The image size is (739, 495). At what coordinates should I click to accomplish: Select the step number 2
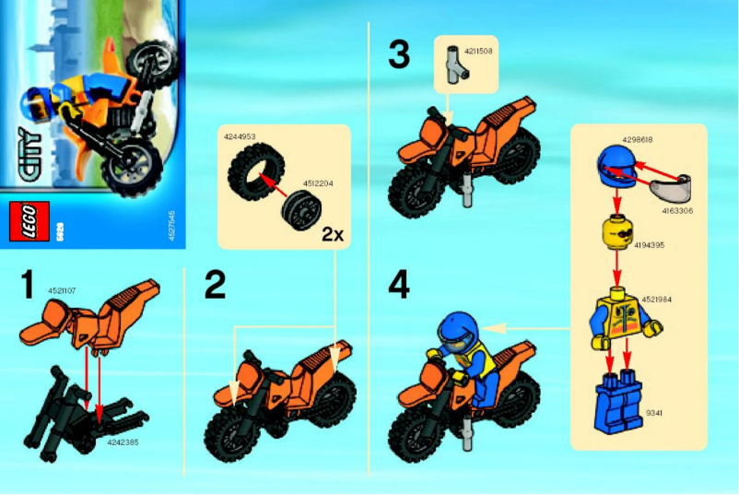pyautogui.click(x=214, y=285)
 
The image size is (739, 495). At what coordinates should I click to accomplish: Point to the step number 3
pyautogui.click(x=398, y=54)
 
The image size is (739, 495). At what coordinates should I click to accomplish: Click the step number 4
pyautogui.click(x=398, y=286)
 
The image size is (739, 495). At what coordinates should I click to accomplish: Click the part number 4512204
pyautogui.click(x=318, y=183)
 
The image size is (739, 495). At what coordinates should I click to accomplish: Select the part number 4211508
pyautogui.click(x=479, y=51)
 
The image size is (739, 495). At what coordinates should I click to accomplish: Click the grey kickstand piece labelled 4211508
pyautogui.click(x=453, y=65)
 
